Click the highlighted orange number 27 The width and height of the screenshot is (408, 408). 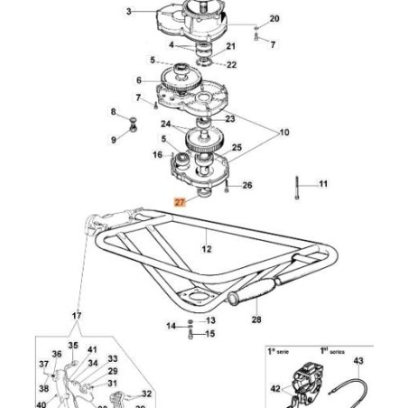pos(180,203)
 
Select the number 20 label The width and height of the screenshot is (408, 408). pos(275,19)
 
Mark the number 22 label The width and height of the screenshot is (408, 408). pos(232,65)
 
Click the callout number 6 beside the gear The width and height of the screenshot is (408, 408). pos(139,79)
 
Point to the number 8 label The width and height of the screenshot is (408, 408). pos(114,112)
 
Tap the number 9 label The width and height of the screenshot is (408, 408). pos(114,140)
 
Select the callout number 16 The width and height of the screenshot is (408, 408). pos(156,154)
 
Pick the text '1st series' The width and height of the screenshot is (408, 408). pos(326,348)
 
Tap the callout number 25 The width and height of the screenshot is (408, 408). pos(237,147)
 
